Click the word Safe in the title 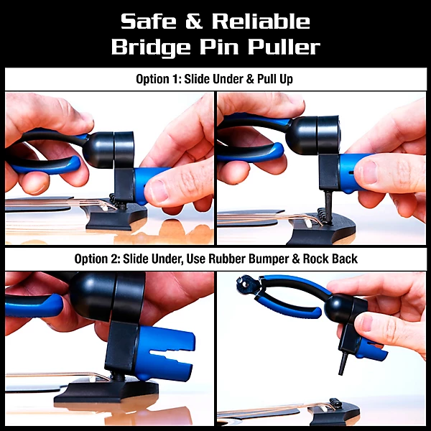tap(149, 22)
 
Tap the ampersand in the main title tap(194, 22)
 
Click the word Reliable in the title tap(261, 22)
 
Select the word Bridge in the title tap(151, 47)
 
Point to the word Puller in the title tap(284, 47)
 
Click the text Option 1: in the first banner tap(158, 79)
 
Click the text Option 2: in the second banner tap(97, 259)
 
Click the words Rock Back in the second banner tap(330, 259)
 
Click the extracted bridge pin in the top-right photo tap(328, 207)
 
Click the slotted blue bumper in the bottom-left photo tap(165, 353)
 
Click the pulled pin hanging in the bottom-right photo tap(343, 364)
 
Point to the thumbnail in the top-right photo tap(368, 172)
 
